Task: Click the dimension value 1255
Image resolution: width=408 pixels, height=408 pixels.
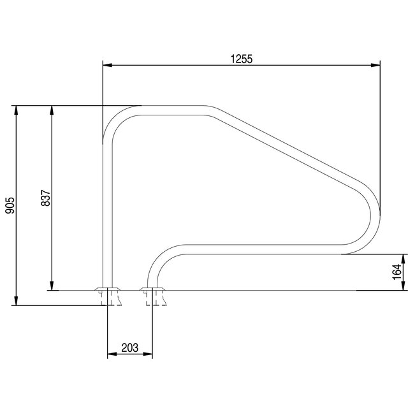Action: (x=242, y=59)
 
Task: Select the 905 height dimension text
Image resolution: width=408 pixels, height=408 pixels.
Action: (x=10, y=205)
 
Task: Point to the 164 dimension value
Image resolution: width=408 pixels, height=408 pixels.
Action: (x=397, y=272)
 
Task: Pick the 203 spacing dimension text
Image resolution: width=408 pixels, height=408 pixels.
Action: (x=129, y=347)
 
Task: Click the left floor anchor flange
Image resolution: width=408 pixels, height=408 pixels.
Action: (x=106, y=295)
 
